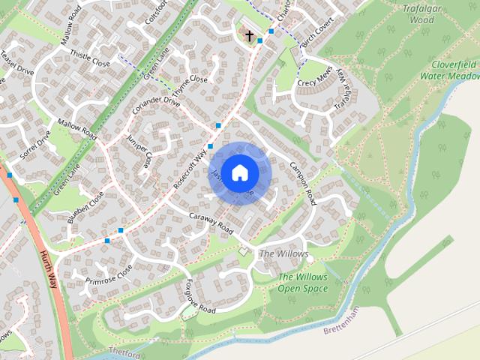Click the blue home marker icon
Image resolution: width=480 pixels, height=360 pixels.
coord(239,172)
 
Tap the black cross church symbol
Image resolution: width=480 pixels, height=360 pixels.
coord(250,34)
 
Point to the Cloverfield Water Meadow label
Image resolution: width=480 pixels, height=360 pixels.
coord(449,70)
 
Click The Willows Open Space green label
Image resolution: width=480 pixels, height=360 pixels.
coord(303,283)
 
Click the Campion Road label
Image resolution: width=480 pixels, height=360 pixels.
coord(302,183)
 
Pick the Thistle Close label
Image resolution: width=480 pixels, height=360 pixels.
coord(90,58)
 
